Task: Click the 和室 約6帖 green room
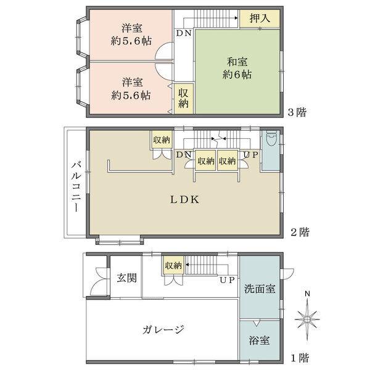(237, 68)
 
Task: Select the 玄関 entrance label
(125, 276)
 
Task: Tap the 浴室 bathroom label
(258, 340)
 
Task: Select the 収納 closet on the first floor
(173, 266)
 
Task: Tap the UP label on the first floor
(226, 279)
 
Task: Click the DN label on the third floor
(183, 33)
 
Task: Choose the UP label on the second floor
(250, 154)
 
